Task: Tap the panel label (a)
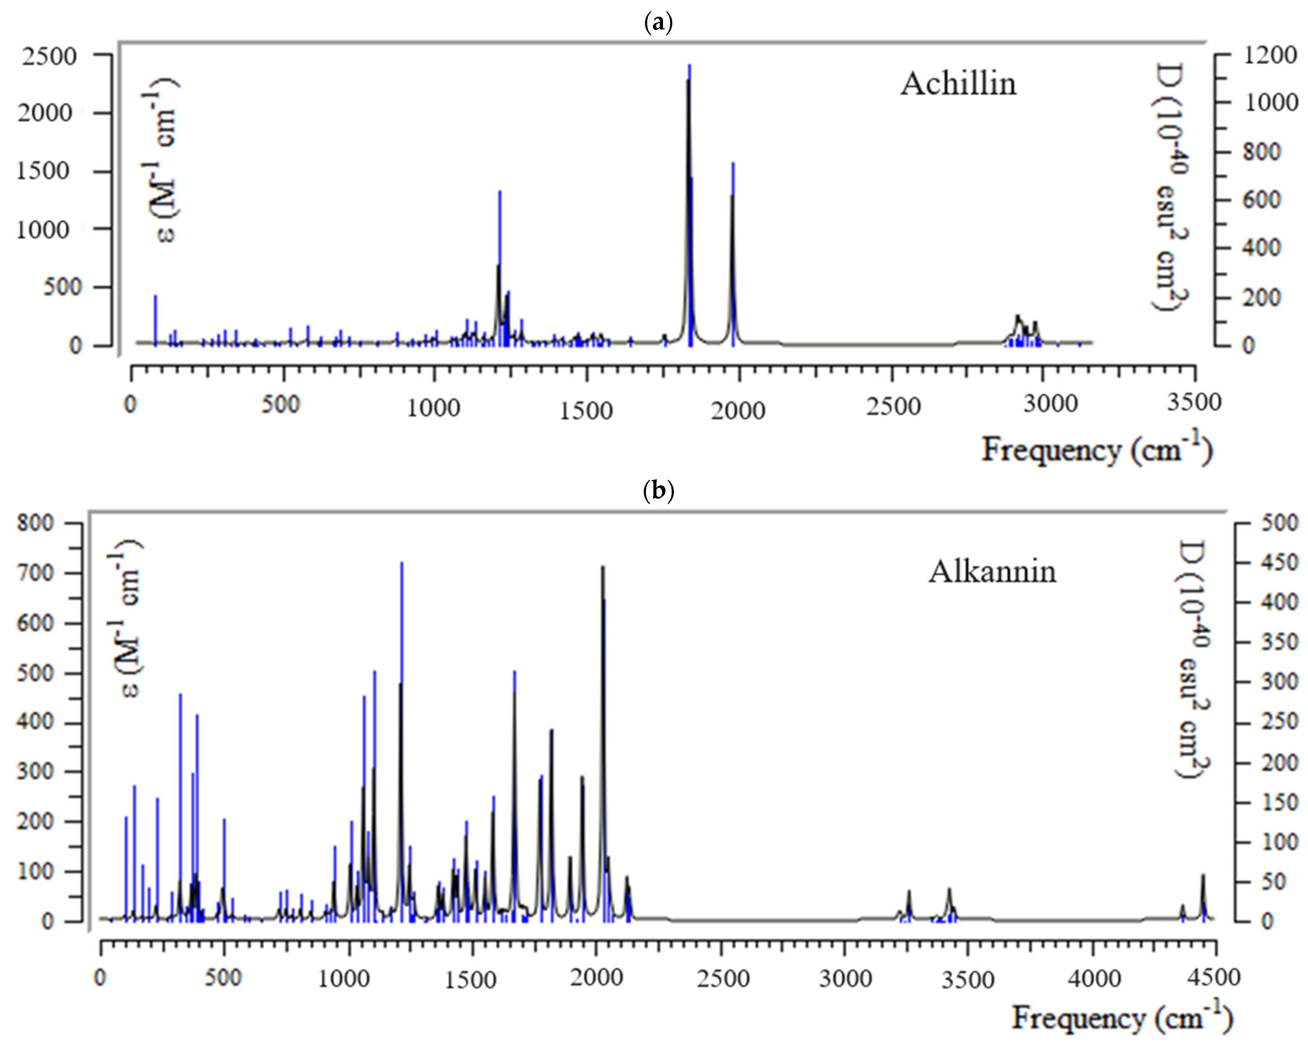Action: [658, 23]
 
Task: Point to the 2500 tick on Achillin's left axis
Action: [50, 56]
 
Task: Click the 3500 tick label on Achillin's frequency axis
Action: [1193, 403]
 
